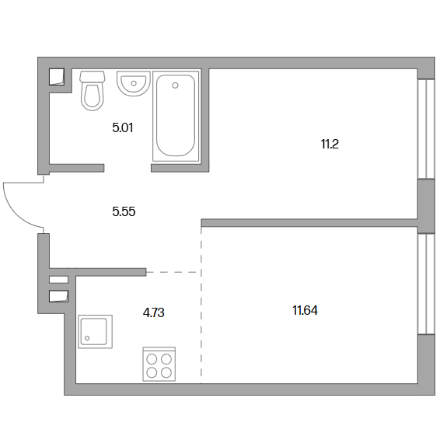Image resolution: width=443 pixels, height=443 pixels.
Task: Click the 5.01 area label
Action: [123, 127]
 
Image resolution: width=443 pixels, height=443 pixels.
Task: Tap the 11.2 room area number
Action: [330, 144]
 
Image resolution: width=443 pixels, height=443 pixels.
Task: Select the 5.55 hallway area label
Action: [124, 211]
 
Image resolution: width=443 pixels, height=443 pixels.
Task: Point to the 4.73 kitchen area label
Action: [154, 312]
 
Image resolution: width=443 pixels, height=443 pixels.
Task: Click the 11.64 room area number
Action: [305, 310]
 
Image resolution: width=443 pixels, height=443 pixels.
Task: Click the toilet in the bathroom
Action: [92, 90]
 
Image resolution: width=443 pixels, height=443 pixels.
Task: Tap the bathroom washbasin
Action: [134, 84]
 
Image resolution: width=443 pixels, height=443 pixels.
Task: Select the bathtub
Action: [176, 116]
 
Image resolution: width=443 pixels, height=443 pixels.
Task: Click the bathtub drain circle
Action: [175, 85]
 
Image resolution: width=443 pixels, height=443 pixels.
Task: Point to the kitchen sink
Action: [96, 332]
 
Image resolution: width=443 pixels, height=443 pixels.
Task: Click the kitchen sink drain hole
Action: [87, 338]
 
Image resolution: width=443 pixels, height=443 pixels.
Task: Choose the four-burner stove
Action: [159, 365]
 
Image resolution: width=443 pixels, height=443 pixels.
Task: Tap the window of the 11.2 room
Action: [426, 129]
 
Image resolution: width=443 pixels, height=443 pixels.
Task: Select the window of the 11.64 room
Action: [426, 284]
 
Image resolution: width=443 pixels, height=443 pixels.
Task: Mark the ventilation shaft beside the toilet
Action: [57, 77]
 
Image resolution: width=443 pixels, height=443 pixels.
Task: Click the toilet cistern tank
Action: [92, 76]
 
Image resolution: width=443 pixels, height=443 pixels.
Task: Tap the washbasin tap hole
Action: [134, 83]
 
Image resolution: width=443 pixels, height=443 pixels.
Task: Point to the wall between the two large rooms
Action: [309, 222]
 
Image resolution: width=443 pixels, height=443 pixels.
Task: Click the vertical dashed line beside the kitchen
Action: [201, 305]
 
